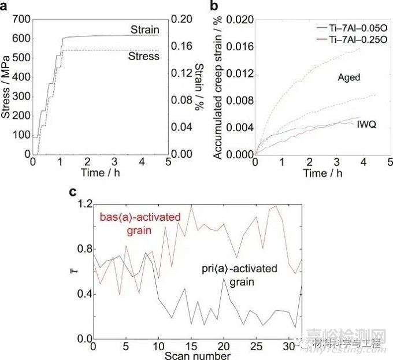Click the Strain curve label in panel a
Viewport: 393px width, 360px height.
click(144, 29)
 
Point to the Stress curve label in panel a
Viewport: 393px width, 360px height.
click(144, 57)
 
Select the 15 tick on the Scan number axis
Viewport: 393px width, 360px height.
click(190, 346)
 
